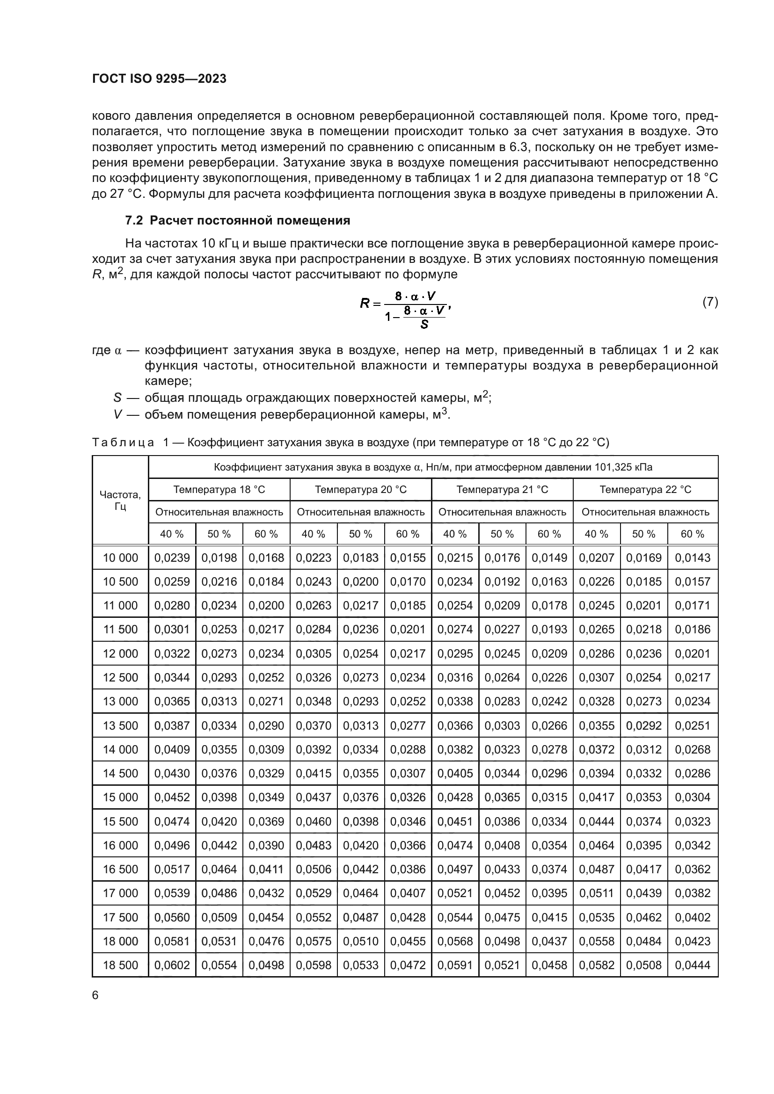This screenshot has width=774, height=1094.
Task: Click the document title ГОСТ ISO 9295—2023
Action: (x=159, y=79)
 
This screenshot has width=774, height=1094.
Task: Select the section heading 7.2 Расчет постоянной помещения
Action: (x=237, y=221)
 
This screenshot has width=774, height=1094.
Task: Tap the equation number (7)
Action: (x=710, y=302)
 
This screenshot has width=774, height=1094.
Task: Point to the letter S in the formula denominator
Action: (x=424, y=325)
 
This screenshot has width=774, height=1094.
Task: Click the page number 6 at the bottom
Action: (x=95, y=995)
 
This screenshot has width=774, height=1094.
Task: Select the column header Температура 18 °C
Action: (x=219, y=489)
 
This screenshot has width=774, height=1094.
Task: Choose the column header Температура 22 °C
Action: (x=645, y=489)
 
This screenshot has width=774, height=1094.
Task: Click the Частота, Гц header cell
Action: (x=120, y=500)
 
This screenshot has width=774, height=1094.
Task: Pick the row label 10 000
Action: (x=120, y=558)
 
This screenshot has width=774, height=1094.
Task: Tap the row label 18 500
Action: (x=120, y=965)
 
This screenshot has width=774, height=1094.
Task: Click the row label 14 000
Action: (x=120, y=749)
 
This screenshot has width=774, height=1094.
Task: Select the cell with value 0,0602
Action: (x=172, y=965)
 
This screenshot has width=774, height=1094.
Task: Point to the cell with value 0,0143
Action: (x=693, y=558)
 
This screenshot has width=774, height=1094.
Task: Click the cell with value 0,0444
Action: (x=693, y=965)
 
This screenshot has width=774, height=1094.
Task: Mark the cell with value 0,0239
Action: (x=172, y=558)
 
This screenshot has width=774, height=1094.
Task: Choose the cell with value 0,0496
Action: (x=172, y=845)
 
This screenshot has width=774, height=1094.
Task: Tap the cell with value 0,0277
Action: (x=408, y=726)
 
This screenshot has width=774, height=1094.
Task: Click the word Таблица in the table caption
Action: (x=123, y=442)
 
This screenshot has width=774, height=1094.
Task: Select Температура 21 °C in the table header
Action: (x=502, y=489)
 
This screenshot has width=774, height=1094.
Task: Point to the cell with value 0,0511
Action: (x=597, y=893)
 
